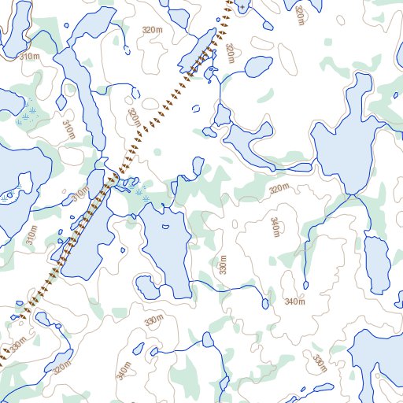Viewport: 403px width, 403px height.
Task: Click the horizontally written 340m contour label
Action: click(294, 302)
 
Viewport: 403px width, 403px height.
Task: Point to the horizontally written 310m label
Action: click(30, 57)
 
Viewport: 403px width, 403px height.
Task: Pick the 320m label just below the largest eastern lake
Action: click(279, 190)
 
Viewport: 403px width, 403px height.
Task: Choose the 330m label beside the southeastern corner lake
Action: click(319, 363)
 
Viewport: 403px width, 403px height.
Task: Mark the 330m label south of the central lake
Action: click(154, 321)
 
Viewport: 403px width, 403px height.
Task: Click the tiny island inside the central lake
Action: click(165, 227)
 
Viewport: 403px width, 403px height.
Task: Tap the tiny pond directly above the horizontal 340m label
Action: click(305, 284)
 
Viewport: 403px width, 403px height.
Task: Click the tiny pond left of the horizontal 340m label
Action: click(264, 302)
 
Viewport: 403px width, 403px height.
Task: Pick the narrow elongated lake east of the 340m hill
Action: click(376, 263)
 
